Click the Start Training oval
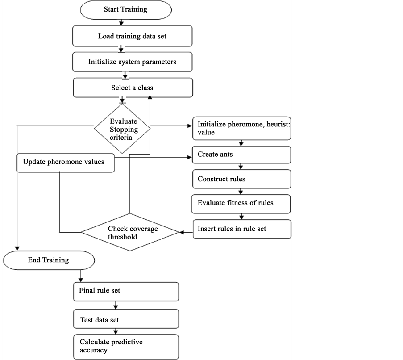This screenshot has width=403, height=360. pyautogui.click(x=126, y=10)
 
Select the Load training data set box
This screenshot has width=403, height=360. pyautogui.click(x=133, y=36)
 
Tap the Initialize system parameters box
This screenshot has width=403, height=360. pyautogui.click(x=133, y=62)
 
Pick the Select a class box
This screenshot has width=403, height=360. pyautogui.click(x=133, y=88)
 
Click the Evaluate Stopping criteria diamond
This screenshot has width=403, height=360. pyautogui.click(x=122, y=129)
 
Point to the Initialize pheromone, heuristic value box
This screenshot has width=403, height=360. pyautogui.click(x=241, y=128)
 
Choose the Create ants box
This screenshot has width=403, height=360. pyautogui.click(x=241, y=155)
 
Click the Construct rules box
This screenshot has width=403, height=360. pyautogui.click(x=241, y=179)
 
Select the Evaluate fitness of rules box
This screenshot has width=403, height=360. pyautogui.click(x=241, y=204)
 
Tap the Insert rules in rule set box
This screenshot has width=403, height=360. pyautogui.click(x=242, y=229)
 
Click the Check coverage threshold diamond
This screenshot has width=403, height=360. pyautogui.click(x=130, y=232)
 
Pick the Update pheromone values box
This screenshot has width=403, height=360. pyautogui.click(x=66, y=163)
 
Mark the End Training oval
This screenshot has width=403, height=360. pyautogui.click(x=49, y=260)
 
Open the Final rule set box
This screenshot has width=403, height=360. pyautogui.click(x=126, y=292)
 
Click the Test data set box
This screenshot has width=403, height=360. pyautogui.click(x=126, y=319)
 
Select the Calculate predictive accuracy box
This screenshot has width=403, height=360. pyautogui.click(x=126, y=347)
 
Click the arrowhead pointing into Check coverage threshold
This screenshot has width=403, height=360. pyautogui.click(x=182, y=232)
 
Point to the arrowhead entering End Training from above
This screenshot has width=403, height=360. pyautogui.click(x=17, y=248)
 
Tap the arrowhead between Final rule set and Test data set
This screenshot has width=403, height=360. pyautogui.click(x=116, y=307)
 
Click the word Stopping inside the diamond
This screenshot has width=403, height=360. pyautogui.click(x=124, y=130)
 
